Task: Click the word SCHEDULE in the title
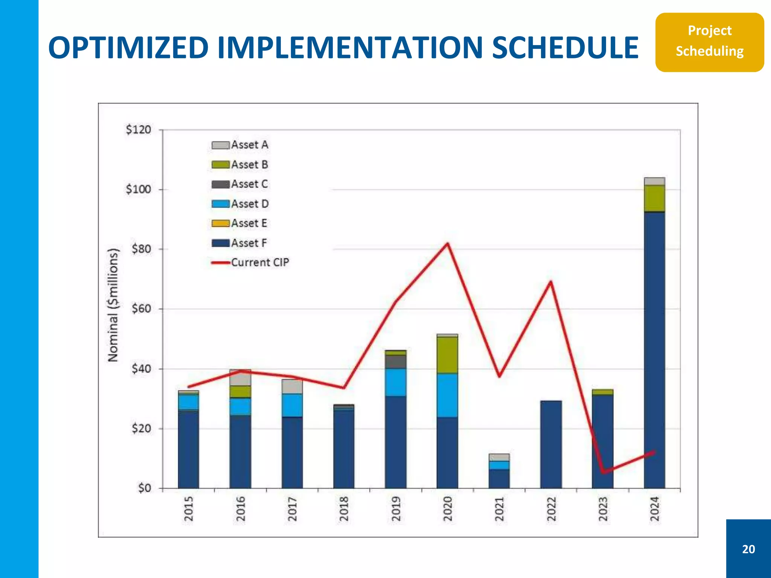pos(565,48)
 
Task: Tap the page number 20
pos(748,549)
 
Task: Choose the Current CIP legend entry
pos(250,262)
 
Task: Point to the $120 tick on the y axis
pos(138,130)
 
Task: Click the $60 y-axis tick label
pos(141,309)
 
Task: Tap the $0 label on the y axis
pos(144,488)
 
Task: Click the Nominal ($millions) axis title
pos(113,305)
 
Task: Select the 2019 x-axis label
pos(396,509)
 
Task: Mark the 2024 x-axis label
pos(655,509)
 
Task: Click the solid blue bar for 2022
pos(551,444)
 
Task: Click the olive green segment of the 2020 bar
pos(447,354)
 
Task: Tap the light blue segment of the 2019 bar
pos(395,382)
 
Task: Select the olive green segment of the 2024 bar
pos(654,198)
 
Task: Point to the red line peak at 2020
pos(447,244)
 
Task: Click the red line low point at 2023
pos(603,472)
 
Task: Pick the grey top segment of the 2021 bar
pos(499,457)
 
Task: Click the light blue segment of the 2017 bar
pos(292,405)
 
